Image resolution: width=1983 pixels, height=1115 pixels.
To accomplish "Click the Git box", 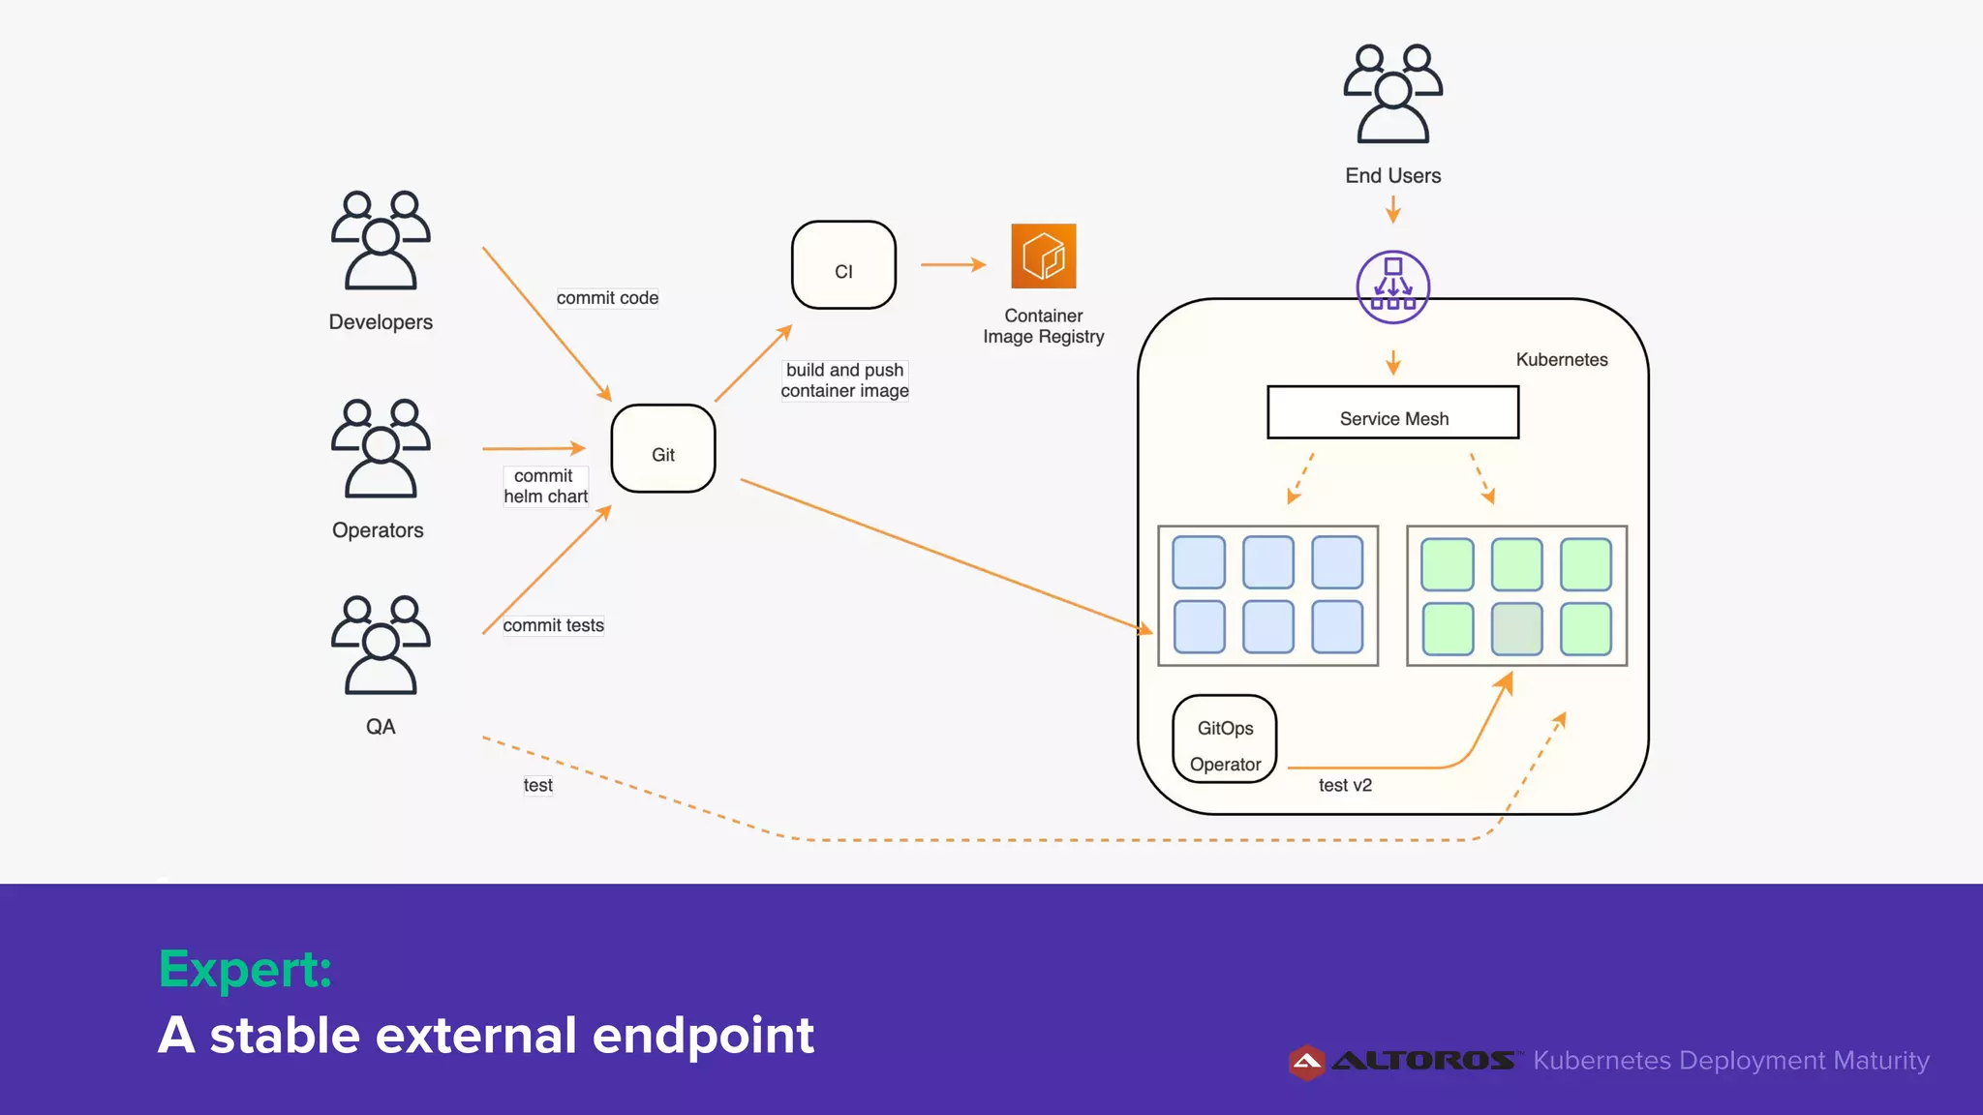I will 663,449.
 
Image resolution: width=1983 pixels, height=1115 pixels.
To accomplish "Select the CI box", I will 843,265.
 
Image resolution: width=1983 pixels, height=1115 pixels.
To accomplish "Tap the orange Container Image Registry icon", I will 1043,256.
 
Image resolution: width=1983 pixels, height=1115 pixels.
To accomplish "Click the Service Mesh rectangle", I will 1392,413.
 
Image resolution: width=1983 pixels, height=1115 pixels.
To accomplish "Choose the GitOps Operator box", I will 1224,739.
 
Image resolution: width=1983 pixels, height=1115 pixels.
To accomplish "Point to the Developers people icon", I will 381,241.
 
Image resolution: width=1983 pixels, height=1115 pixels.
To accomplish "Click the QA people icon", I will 381,646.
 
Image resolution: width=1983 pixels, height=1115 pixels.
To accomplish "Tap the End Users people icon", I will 1392,94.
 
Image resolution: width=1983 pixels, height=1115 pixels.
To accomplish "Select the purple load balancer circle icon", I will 1392,287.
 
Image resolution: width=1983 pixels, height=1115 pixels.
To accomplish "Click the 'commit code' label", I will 607,298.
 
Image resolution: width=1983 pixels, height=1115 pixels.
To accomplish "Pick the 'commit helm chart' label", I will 545,486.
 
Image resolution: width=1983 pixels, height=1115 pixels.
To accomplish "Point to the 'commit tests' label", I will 553,625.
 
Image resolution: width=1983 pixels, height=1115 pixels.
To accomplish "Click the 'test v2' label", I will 1345,785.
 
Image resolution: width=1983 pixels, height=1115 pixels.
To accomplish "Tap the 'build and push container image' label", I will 844,380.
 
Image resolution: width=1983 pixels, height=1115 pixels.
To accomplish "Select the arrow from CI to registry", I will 953,264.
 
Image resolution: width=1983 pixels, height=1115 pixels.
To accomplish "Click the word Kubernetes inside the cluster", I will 1561,360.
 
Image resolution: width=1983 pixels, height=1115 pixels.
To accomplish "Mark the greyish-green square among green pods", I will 1516,629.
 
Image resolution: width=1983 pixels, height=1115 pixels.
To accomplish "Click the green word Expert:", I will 245,969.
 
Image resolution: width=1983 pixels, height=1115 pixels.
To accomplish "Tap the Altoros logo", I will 1402,1062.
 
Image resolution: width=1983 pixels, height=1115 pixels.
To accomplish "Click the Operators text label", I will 378,530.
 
